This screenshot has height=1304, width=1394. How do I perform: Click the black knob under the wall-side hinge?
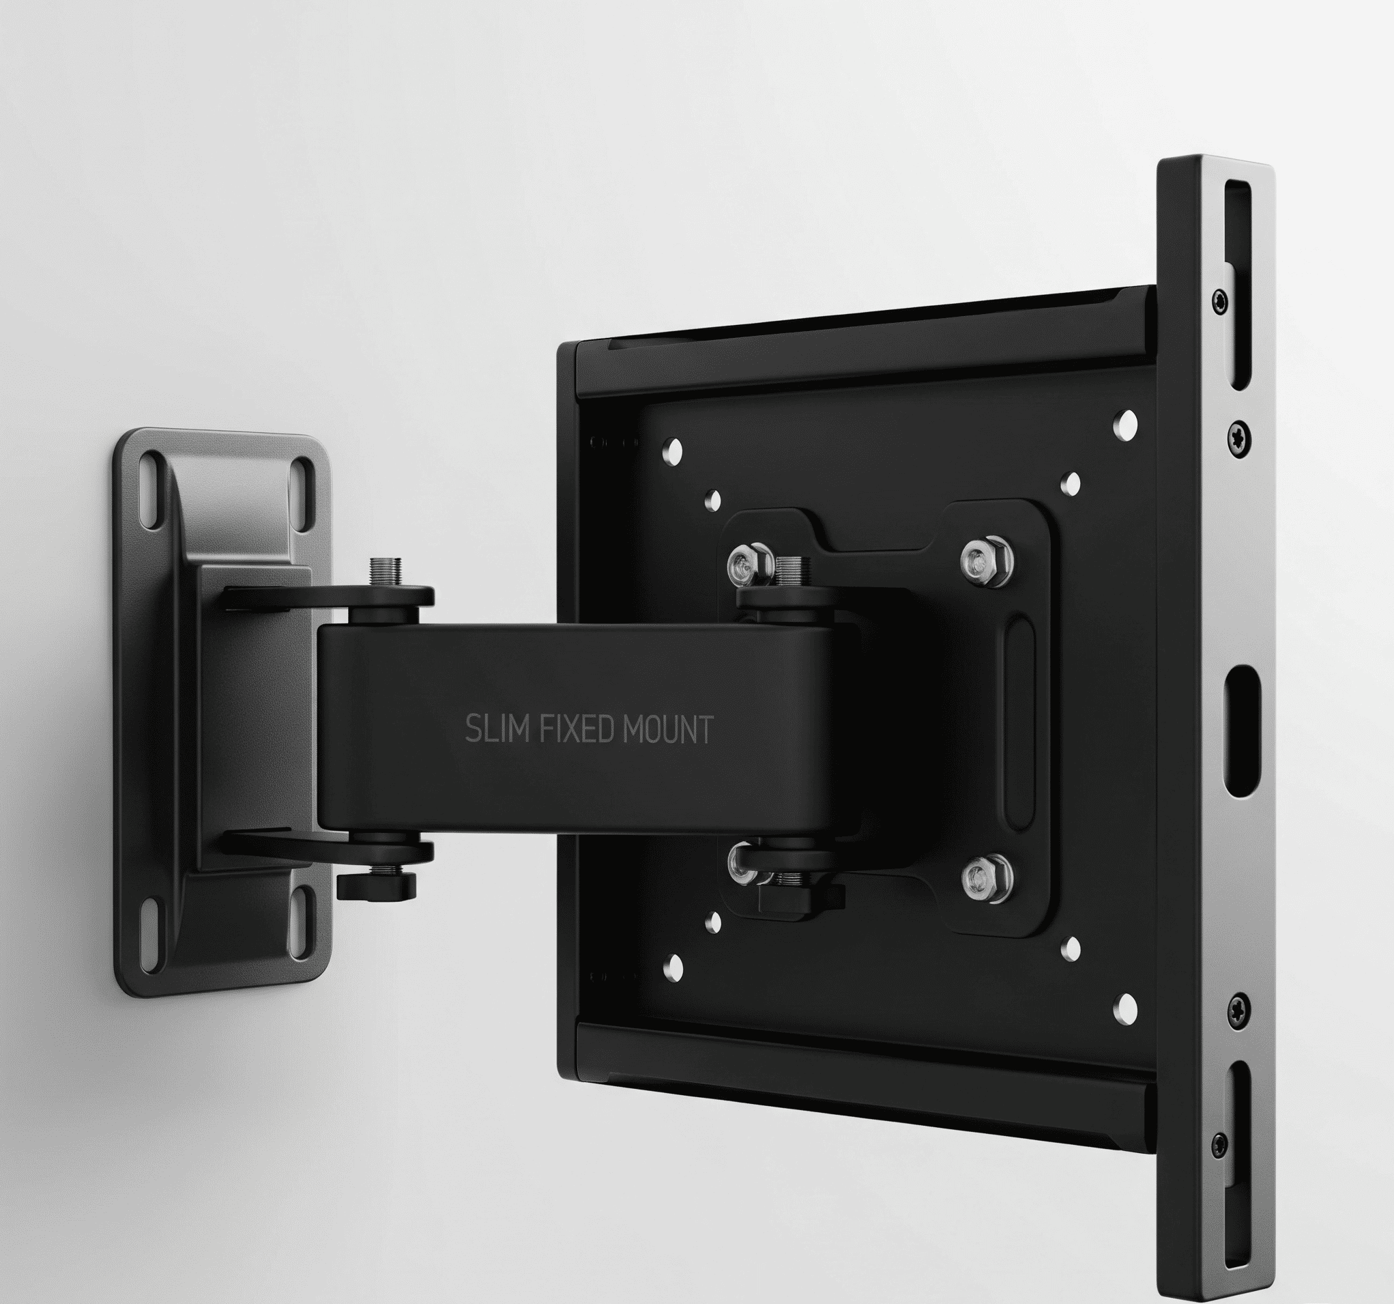pos(377,887)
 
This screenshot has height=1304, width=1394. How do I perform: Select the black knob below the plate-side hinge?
pos(801,896)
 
